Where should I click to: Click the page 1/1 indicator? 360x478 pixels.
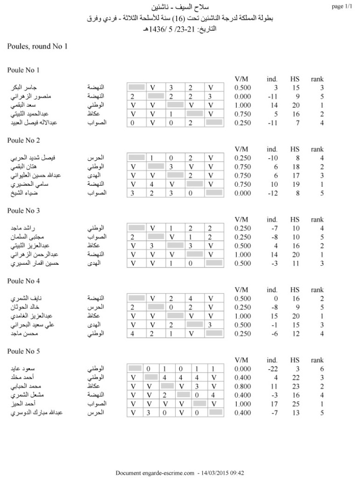pos(341,7)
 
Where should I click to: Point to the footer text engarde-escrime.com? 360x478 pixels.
pos(166,473)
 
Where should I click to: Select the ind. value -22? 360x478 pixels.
pos(272,368)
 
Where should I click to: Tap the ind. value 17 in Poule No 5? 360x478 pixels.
pos(274,403)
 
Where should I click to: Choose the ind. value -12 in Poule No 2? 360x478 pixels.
pos(272,193)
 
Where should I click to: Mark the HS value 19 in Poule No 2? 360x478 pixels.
pos(295,184)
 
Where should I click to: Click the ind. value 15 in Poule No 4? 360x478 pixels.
pos(274,316)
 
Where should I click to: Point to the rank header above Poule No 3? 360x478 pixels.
pos(318,219)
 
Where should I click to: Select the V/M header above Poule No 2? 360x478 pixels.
pos(241,149)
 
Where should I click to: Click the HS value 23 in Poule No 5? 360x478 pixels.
pos(295,386)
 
